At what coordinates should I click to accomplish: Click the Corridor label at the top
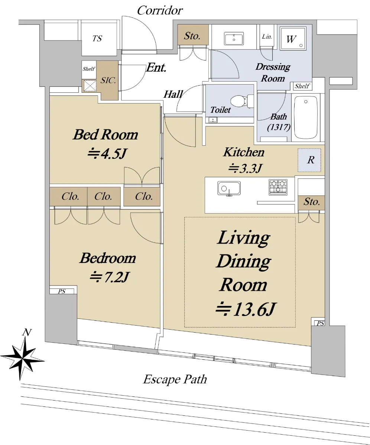160,10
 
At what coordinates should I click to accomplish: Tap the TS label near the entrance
97,39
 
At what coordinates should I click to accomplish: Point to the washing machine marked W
293,38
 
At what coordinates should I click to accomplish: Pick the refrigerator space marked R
309,160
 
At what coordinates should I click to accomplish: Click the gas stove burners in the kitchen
278,187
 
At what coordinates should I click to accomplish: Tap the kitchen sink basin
229,188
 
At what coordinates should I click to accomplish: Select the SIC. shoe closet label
108,80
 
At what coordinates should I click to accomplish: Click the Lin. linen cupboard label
267,36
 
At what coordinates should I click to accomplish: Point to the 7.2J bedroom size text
109,277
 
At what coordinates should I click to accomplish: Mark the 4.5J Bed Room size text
107,154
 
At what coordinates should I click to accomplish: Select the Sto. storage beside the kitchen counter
312,202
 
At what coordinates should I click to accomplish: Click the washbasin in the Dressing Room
234,39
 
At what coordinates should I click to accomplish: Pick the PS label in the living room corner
320,323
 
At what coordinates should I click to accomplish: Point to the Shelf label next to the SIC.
89,69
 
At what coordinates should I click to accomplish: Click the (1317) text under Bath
279,127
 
